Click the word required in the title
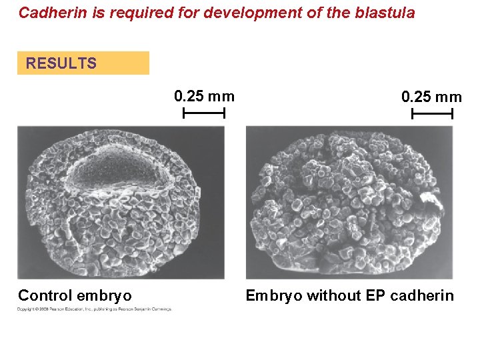129,13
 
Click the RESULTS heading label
61,64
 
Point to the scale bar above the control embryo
204,114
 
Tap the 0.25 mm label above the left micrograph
204,96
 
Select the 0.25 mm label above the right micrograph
431,97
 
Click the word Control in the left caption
45,295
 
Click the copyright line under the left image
94,309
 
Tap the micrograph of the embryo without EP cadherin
349,203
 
